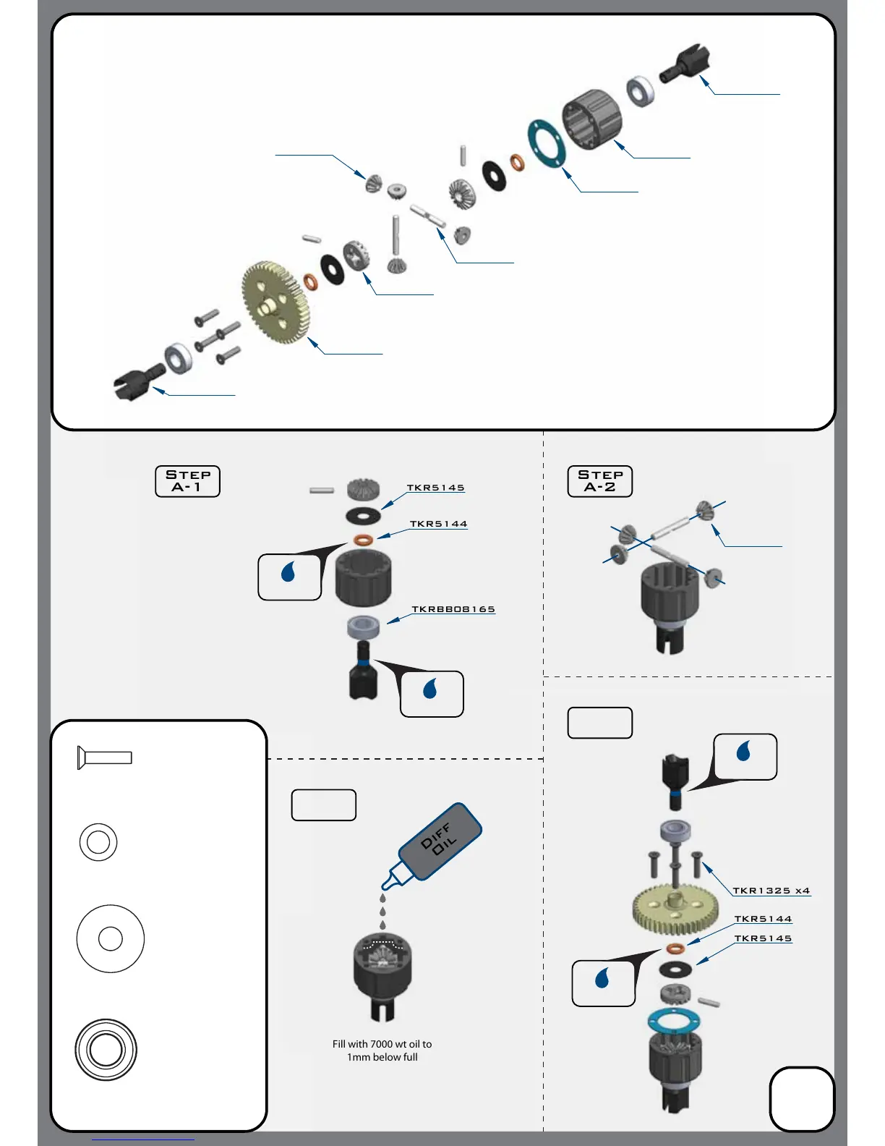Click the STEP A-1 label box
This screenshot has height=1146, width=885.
(187, 481)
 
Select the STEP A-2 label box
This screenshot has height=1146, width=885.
(599, 481)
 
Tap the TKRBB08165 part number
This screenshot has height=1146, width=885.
(453, 609)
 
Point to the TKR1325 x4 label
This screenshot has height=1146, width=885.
(771, 891)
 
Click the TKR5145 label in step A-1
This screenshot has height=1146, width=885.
(435, 488)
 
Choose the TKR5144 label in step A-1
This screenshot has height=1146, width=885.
(438, 524)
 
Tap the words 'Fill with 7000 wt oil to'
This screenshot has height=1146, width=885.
(382, 1044)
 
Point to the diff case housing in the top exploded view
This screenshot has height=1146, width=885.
(592, 119)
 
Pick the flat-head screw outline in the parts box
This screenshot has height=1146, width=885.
(105, 757)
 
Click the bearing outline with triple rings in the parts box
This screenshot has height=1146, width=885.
(106, 1050)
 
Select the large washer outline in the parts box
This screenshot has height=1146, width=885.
(110, 938)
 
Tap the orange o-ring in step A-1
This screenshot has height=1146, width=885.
(363, 539)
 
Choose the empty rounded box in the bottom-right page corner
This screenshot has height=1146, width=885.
(802, 1098)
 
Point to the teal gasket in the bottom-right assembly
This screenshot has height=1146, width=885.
(674, 1021)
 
